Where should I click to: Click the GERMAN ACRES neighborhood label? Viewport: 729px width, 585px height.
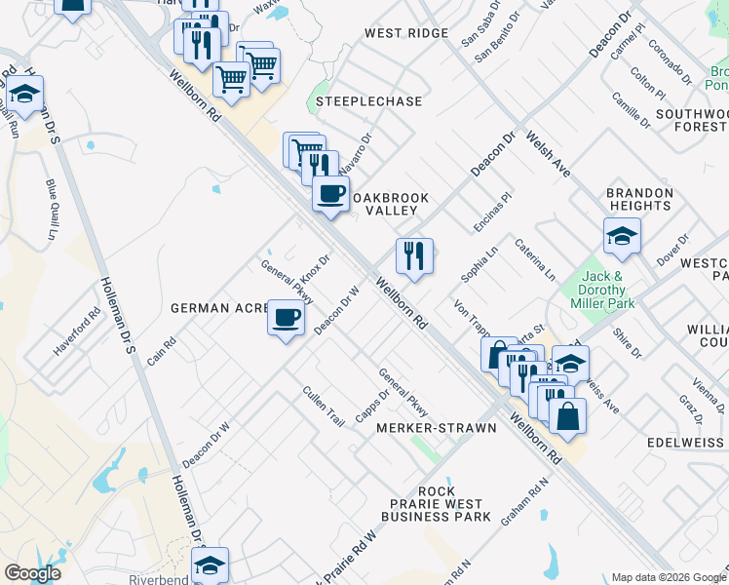220,308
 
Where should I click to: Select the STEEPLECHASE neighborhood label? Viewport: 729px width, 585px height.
368,101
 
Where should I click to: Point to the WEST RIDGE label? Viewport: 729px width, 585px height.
406,33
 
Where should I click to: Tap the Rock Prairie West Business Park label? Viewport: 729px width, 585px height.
436,504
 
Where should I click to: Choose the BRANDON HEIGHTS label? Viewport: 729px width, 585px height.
639,200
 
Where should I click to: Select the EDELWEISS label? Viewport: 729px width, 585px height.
688,442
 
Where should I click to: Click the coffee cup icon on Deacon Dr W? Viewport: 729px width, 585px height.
286,319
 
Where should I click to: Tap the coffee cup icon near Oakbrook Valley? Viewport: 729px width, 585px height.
331,193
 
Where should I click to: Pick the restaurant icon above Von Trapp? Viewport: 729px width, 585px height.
414,256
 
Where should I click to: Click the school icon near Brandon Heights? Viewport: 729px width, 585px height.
622,236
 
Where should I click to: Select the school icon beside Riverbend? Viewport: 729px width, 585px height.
210,565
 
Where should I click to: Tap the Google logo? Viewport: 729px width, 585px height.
32,573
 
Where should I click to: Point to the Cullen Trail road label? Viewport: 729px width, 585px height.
324,408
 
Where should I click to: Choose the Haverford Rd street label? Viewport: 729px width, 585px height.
79,332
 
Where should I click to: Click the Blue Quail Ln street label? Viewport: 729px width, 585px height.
52,210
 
